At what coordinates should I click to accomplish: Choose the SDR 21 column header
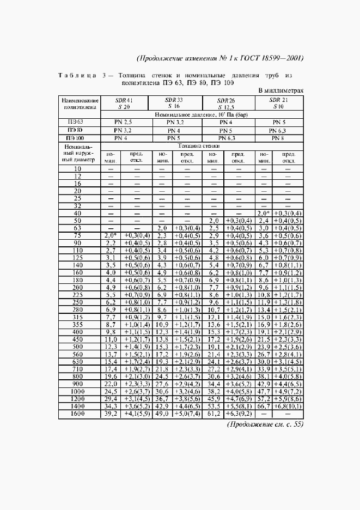pos(278,104)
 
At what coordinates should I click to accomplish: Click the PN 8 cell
pos(278,138)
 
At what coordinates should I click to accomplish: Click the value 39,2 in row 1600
pos(111,414)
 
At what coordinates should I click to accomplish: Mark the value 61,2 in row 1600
pos(213,414)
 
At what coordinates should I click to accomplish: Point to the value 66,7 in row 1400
pos(264,406)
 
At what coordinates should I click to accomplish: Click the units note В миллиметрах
pos(280,90)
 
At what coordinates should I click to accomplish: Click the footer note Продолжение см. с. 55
pos(263,424)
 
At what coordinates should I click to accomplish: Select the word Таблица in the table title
pos(76,75)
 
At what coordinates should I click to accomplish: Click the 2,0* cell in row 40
pos(264,212)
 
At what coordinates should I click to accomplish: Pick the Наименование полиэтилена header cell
pos(81,104)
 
